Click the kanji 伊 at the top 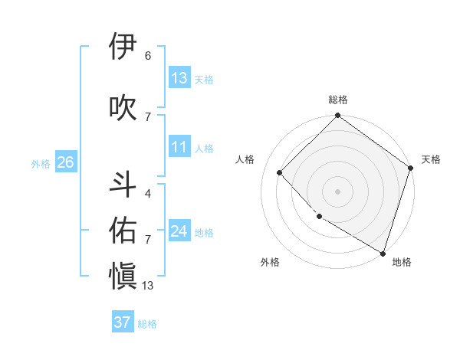123,47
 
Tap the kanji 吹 123,107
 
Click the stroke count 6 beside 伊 148,56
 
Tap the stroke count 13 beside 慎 148,286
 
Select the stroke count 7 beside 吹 148,116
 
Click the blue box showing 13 179,78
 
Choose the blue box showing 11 179,147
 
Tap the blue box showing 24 179,231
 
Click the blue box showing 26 65,162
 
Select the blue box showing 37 123,322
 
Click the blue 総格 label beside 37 147,324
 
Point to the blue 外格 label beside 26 41,163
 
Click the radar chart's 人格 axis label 245,159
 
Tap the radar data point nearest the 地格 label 382,252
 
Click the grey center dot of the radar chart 337,191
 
